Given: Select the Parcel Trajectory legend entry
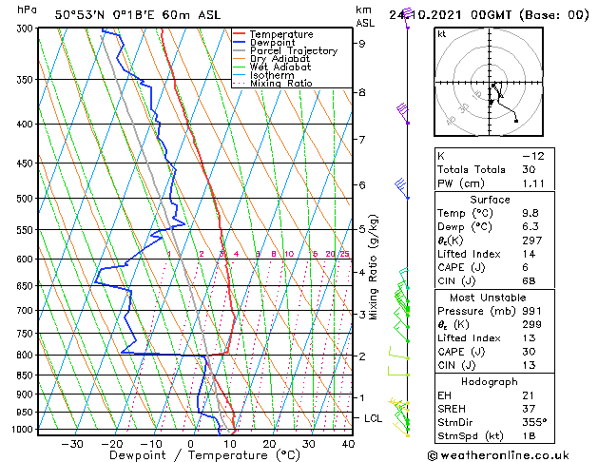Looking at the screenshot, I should pos(293,51).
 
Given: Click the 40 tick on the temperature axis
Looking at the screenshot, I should pos(348,444).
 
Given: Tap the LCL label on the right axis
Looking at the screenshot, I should pos(375,418).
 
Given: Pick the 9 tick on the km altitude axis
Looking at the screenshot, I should pos(362,43).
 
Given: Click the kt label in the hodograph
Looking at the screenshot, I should pos(441,34).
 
